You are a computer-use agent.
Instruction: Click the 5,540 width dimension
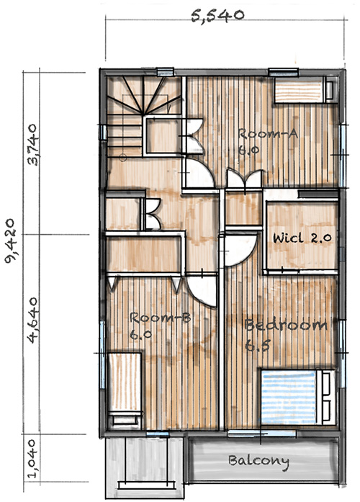(217, 16)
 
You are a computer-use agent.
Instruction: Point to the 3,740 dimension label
(33, 145)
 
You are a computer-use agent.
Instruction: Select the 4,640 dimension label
(32, 321)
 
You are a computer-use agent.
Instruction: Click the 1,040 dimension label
(32, 459)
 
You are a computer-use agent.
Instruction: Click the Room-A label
(268, 133)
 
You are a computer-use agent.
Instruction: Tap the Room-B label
(160, 318)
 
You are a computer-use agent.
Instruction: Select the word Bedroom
(286, 325)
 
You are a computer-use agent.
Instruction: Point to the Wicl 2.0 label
(302, 238)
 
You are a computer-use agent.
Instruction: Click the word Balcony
(259, 462)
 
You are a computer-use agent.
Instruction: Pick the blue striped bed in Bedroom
(297, 397)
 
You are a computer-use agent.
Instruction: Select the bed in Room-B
(125, 390)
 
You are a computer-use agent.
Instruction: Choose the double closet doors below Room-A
(245, 179)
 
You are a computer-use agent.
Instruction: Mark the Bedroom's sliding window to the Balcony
(262, 434)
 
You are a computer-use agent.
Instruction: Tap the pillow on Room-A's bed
(329, 90)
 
